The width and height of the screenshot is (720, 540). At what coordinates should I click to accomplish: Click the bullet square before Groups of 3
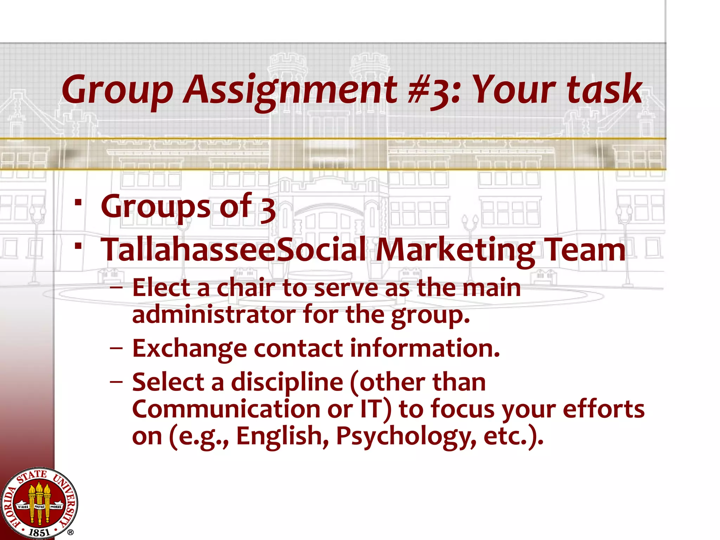78,202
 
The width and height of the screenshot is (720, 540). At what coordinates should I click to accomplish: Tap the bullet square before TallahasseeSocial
78,245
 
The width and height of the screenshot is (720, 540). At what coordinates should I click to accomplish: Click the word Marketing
456,250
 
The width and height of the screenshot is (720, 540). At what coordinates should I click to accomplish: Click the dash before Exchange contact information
116,349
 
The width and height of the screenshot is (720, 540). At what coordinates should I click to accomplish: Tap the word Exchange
189,349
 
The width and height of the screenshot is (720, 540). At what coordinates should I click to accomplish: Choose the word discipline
287,382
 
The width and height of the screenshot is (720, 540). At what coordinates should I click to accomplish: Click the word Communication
226,409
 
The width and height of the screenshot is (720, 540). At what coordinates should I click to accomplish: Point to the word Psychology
406,437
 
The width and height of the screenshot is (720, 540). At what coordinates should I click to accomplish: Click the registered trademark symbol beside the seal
70,533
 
